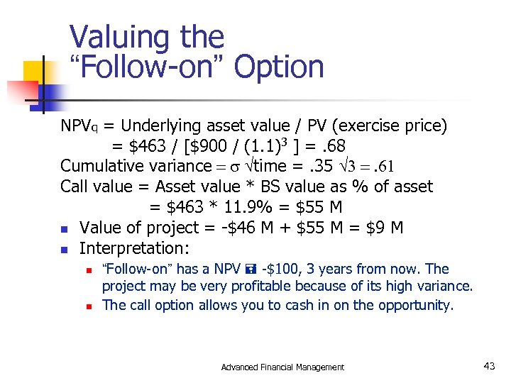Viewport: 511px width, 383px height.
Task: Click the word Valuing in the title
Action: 111,38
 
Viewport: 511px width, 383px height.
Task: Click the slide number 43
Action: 489,366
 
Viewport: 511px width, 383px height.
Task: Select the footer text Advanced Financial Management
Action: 282,367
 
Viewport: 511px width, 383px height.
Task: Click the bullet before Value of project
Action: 64,229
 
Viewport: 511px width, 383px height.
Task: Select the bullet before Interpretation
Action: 64,250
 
